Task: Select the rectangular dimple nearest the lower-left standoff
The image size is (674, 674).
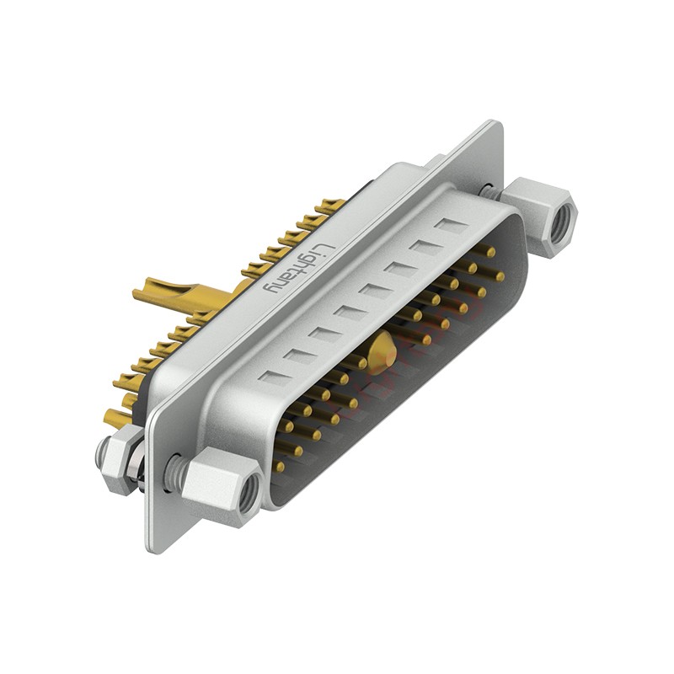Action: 275,377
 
